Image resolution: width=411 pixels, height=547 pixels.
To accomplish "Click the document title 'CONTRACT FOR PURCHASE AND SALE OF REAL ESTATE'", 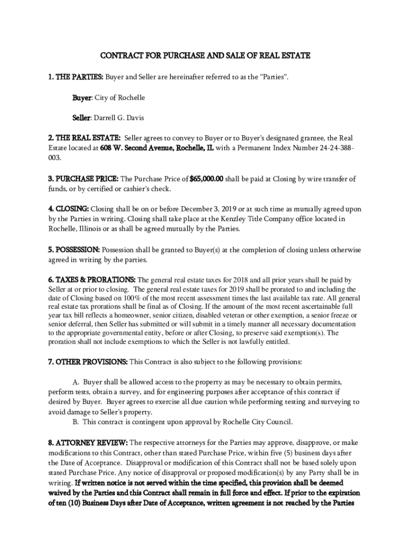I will click(205, 55).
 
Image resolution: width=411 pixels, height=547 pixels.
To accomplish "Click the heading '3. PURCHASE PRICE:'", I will click(82, 179).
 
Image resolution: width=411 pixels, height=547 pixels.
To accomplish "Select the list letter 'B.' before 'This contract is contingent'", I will click(76, 422).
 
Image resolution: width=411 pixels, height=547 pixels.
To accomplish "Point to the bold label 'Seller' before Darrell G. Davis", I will click(82, 118).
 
